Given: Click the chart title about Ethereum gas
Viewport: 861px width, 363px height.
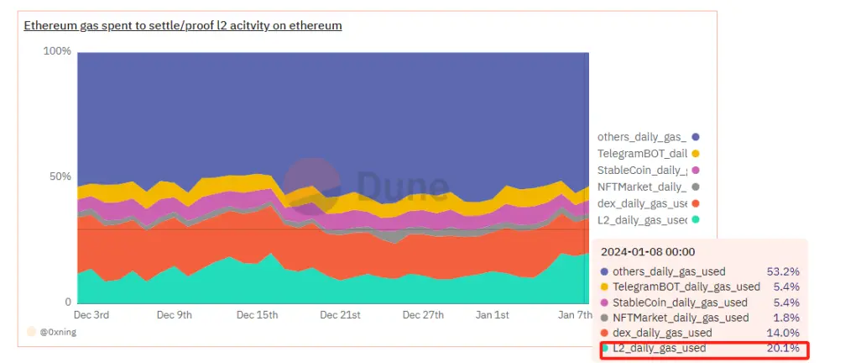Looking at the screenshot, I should coord(182,25).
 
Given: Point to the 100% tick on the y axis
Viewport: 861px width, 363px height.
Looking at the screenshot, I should coord(57,51).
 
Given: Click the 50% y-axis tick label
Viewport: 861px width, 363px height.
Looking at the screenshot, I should coord(60,176).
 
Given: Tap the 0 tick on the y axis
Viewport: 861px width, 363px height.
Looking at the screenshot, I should coord(68,302).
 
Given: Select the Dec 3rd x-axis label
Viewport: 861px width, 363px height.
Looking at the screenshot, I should coord(91,315).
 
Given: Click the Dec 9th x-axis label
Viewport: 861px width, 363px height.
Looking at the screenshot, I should coord(175,315).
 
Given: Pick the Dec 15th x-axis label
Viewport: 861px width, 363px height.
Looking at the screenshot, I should coord(257,315).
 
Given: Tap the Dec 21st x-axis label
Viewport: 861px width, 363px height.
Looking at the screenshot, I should coord(340,315).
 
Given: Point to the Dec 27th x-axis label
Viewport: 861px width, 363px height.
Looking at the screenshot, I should coord(422,315).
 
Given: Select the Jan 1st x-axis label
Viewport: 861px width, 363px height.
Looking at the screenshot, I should coord(492,315).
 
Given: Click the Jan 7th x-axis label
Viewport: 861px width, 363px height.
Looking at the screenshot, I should coord(576,315).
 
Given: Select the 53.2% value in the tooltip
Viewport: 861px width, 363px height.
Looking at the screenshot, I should coord(783,271).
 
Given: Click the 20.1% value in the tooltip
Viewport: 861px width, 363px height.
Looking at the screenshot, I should coord(783,348).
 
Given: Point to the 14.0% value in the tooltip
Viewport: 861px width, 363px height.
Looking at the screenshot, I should coord(783,333).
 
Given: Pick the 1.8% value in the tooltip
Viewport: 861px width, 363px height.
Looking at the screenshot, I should coord(785,318).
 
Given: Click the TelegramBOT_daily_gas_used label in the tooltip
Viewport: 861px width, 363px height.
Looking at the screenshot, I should coord(686,287).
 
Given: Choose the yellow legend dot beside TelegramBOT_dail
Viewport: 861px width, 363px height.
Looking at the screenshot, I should coord(696,154).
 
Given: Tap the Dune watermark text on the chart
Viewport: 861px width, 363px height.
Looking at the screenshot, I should coord(403,187).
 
